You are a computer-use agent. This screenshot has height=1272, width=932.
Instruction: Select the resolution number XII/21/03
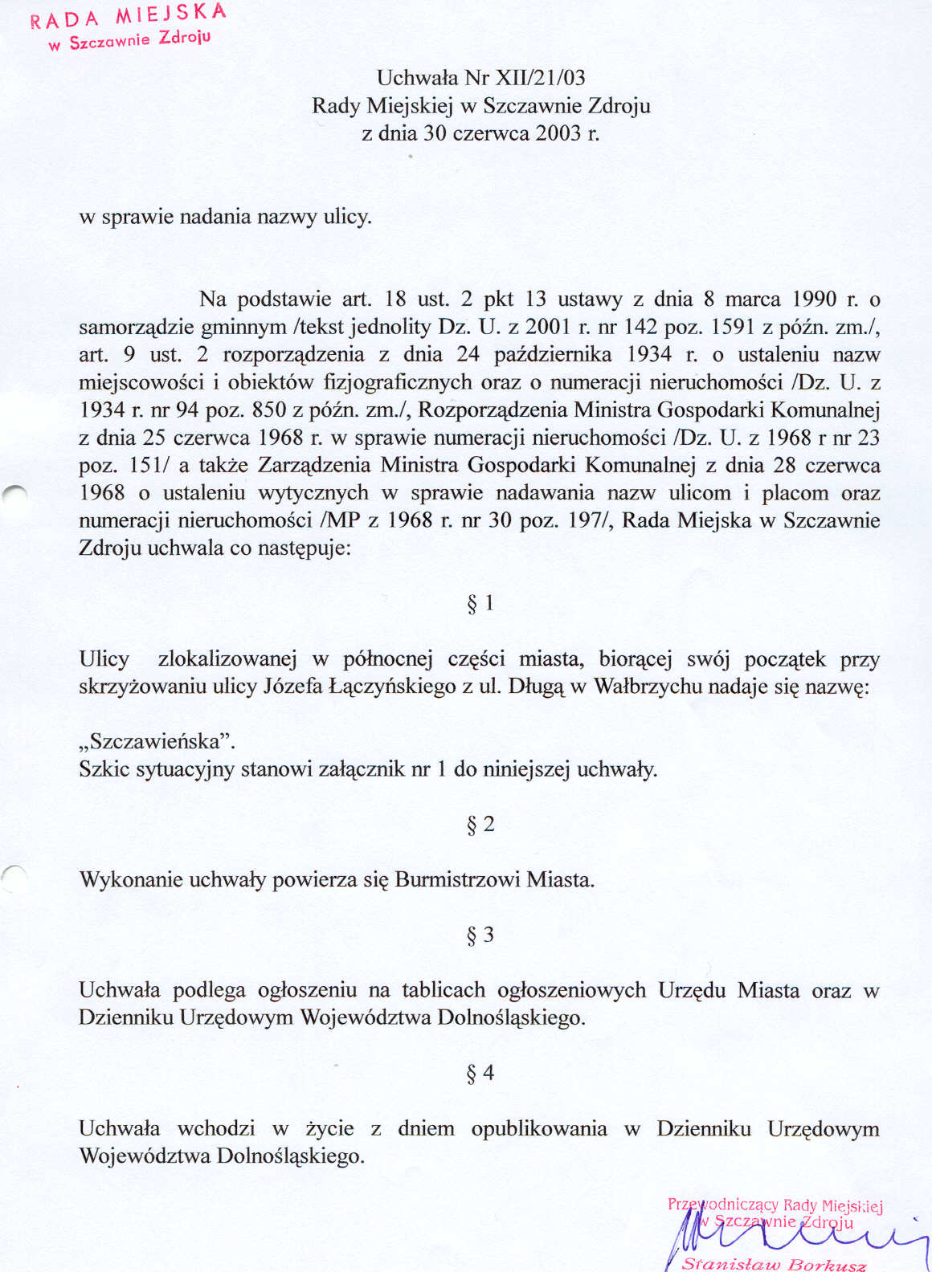pos(542,78)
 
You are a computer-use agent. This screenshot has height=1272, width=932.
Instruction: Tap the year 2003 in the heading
pos(558,133)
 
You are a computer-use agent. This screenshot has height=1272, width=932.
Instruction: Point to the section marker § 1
pos(480,603)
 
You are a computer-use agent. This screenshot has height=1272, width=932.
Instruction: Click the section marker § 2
pos(480,825)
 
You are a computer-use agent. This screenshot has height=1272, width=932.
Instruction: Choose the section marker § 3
pos(480,935)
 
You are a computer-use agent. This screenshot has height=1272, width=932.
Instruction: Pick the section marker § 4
pos(480,1073)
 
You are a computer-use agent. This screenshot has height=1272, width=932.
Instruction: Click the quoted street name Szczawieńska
pos(157,740)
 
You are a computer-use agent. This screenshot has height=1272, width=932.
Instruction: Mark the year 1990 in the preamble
pos(815,300)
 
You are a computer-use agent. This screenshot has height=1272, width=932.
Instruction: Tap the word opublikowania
pos(539,1129)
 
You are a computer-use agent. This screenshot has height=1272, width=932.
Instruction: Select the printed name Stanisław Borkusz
pos(774,1264)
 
